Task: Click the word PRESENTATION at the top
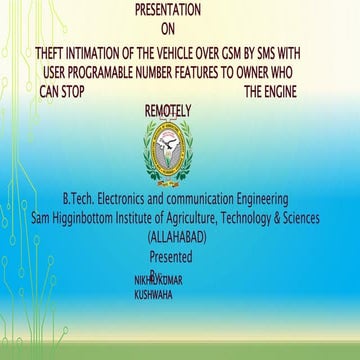[166, 11]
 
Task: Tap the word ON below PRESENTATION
[167, 30]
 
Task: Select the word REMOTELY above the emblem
[167, 111]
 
